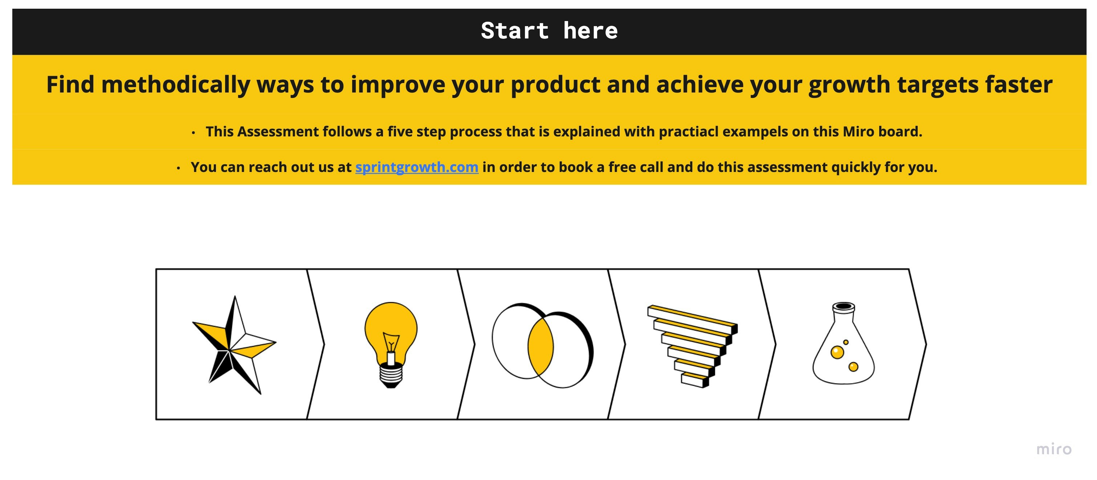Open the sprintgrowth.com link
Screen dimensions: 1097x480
point(417,167)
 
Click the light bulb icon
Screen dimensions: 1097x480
point(391,345)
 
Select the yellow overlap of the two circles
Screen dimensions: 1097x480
point(541,346)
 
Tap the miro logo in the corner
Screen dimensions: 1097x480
point(1054,450)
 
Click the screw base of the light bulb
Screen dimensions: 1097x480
point(391,375)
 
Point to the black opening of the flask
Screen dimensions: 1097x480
point(844,306)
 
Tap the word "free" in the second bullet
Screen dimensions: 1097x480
point(622,167)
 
